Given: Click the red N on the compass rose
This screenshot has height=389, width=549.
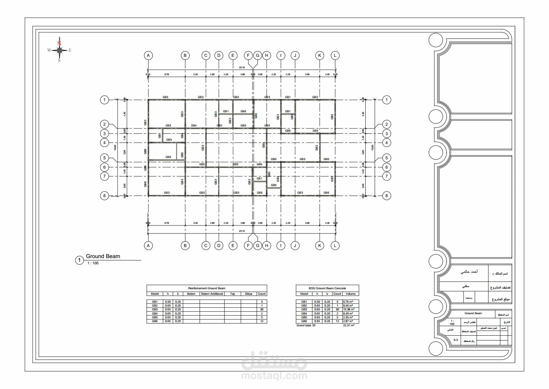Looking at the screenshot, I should (59, 44).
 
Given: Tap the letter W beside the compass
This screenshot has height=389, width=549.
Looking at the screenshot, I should (49, 50).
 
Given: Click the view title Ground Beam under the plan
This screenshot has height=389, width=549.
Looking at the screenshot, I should (103, 256).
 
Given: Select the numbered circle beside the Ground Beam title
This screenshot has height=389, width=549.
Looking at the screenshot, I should (79, 260).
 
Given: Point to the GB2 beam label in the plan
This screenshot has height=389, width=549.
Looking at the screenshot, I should (317, 148).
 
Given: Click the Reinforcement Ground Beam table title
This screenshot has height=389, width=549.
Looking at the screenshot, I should (207, 288).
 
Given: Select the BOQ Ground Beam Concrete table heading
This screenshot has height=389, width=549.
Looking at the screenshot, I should (327, 288).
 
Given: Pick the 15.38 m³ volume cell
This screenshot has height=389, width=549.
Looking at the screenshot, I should (348, 309).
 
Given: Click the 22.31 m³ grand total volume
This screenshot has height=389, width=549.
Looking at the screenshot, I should (349, 325).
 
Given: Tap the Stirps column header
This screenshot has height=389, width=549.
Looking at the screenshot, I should (248, 294).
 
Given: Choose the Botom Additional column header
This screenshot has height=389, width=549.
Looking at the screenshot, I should (212, 294).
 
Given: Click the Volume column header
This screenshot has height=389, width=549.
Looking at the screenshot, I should (350, 294).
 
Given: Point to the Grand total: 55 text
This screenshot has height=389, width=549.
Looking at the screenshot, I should (306, 325).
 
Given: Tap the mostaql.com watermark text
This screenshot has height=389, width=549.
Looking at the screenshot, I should (274, 375).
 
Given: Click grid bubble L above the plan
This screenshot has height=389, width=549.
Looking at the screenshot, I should (335, 55).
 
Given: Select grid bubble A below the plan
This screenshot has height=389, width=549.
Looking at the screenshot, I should (148, 246).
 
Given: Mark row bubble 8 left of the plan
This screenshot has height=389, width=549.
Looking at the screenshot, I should (104, 196).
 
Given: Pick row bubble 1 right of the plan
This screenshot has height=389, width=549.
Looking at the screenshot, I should (387, 100).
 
